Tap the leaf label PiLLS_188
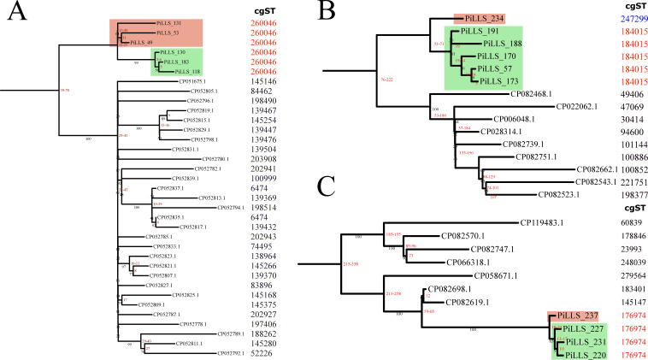503,43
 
